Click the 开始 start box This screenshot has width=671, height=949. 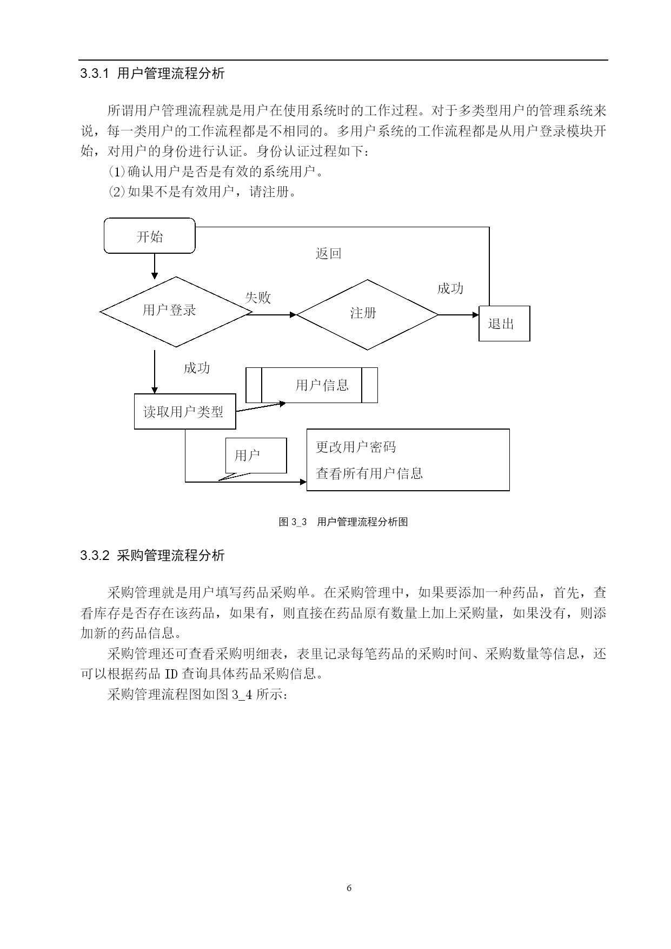[149, 236]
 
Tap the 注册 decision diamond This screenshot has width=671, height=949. [368, 314]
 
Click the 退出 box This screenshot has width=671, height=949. [504, 324]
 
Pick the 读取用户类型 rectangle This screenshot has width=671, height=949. [185, 412]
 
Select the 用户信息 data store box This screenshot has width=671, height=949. [312, 385]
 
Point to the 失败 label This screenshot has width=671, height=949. [258, 298]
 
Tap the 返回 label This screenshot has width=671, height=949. [328, 253]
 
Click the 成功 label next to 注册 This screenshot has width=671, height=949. [450, 288]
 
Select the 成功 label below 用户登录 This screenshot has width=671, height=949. [197, 368]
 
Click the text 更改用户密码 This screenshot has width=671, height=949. [356, 447]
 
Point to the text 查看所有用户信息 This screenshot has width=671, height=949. [369, 473]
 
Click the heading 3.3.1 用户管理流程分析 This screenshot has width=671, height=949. [152, 74]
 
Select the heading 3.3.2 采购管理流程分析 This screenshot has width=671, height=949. [152, 556]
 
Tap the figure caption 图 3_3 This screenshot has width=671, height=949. [293, 522]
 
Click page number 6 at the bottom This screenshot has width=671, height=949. [349, 888]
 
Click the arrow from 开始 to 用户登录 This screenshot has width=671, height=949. [155, 266]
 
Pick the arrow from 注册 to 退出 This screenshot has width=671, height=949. [459, 314]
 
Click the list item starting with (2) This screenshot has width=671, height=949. [202, 192]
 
